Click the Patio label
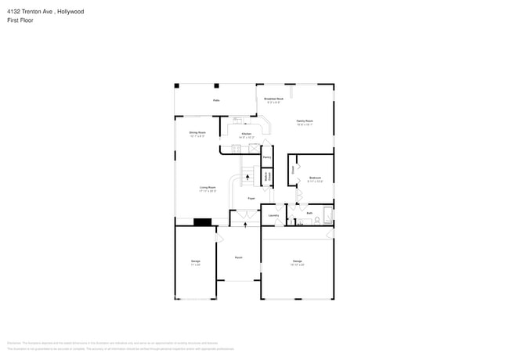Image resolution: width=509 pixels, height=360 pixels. coord(216,100)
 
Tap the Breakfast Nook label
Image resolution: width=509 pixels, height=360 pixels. coord(274,99)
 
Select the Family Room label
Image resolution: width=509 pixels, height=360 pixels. coord(305,121)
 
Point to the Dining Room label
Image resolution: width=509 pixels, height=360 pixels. coord(197,133)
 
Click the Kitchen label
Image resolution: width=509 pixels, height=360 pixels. coord(247,135)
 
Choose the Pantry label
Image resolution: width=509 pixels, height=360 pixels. coord(266,157)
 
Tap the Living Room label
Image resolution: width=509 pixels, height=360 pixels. coord(208,188)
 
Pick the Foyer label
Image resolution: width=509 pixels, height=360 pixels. coord(251,199)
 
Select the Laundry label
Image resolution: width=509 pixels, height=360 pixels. coord(274,215)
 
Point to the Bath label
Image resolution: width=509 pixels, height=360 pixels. coord(309,213)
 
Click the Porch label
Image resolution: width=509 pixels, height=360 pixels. coord(239,257)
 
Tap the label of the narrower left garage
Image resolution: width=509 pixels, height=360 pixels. coord(196,262)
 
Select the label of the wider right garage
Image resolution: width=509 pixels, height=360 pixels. coord(298,261)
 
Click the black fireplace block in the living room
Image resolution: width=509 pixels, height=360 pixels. coord(202,221)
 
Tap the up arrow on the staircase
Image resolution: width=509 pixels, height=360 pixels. coord(248,178)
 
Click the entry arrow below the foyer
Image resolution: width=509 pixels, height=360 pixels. coord(247,224)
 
